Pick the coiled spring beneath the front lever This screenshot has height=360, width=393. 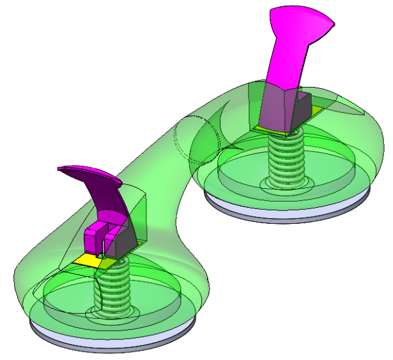(x=112, y=288)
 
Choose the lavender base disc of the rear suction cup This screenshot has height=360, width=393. (x=288, y=211)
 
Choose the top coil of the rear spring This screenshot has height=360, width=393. (x=285, y=136)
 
